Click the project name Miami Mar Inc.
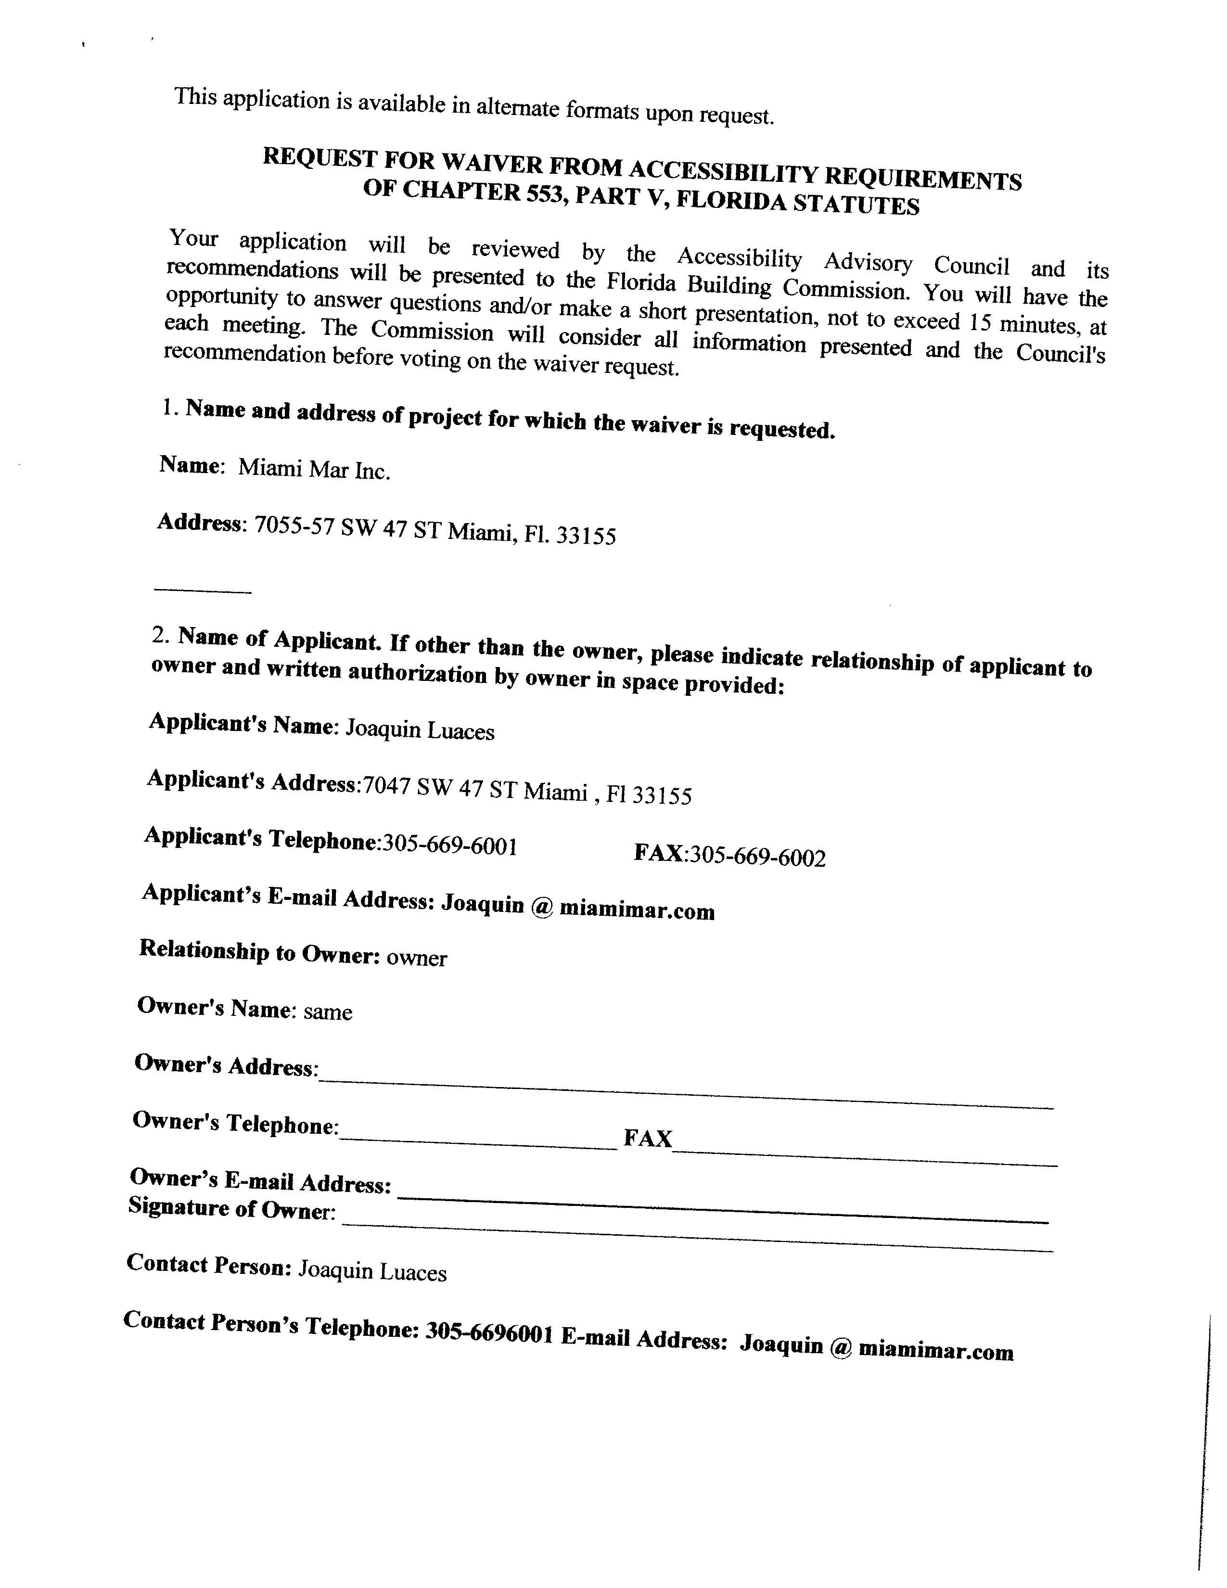point(314,469)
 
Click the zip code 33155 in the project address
point(586,536)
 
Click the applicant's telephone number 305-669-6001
point(450,845)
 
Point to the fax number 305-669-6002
point(757,857)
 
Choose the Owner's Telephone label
point(235,1123)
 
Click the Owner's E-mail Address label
point(260,1181)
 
